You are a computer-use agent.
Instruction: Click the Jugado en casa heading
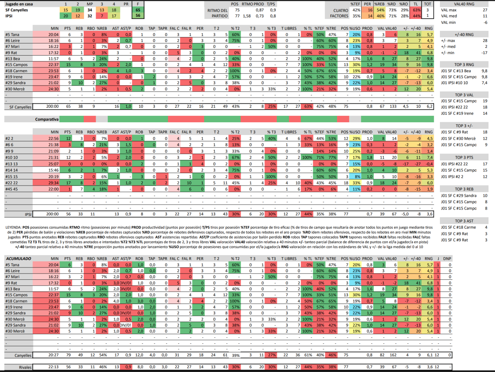[19, 4]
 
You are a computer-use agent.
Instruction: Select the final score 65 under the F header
[138, 10]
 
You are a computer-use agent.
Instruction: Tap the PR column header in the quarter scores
[126, 4]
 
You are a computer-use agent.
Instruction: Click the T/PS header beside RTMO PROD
[271, 4]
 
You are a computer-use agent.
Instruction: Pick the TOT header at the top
[428, 4]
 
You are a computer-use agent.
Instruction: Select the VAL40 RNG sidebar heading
[464, 4]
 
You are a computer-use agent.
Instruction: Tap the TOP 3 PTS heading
[464, 158]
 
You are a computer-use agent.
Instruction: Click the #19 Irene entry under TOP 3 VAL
[457, 113]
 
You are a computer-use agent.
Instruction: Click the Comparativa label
[47, 119]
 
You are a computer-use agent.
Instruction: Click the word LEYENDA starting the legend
[13, 228]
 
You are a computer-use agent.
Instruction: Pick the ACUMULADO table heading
[18, 259]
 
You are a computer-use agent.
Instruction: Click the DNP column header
[447, 259]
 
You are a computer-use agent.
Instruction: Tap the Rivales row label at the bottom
[25, 367]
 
